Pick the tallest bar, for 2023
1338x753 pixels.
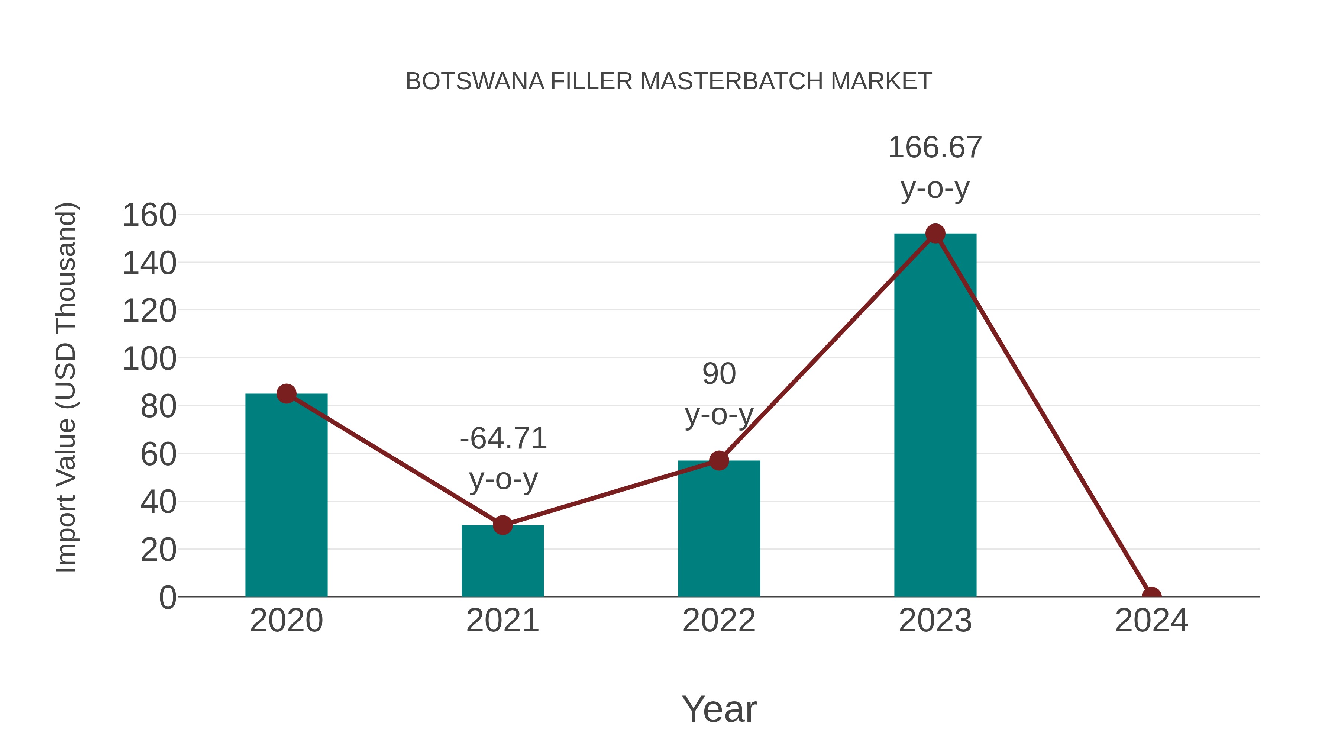(x=935, y=416)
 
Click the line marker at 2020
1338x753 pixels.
(x=286, y=394)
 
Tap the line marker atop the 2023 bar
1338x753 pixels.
(x=935, y=234)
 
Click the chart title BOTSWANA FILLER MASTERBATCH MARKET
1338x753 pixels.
(x=669, y=81)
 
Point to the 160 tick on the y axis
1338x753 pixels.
(x=149, y=215)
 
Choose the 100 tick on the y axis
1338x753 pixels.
(x=149, y=358)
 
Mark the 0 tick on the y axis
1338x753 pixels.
(x=167, y=597)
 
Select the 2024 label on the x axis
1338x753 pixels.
(x=1151, y=621)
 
